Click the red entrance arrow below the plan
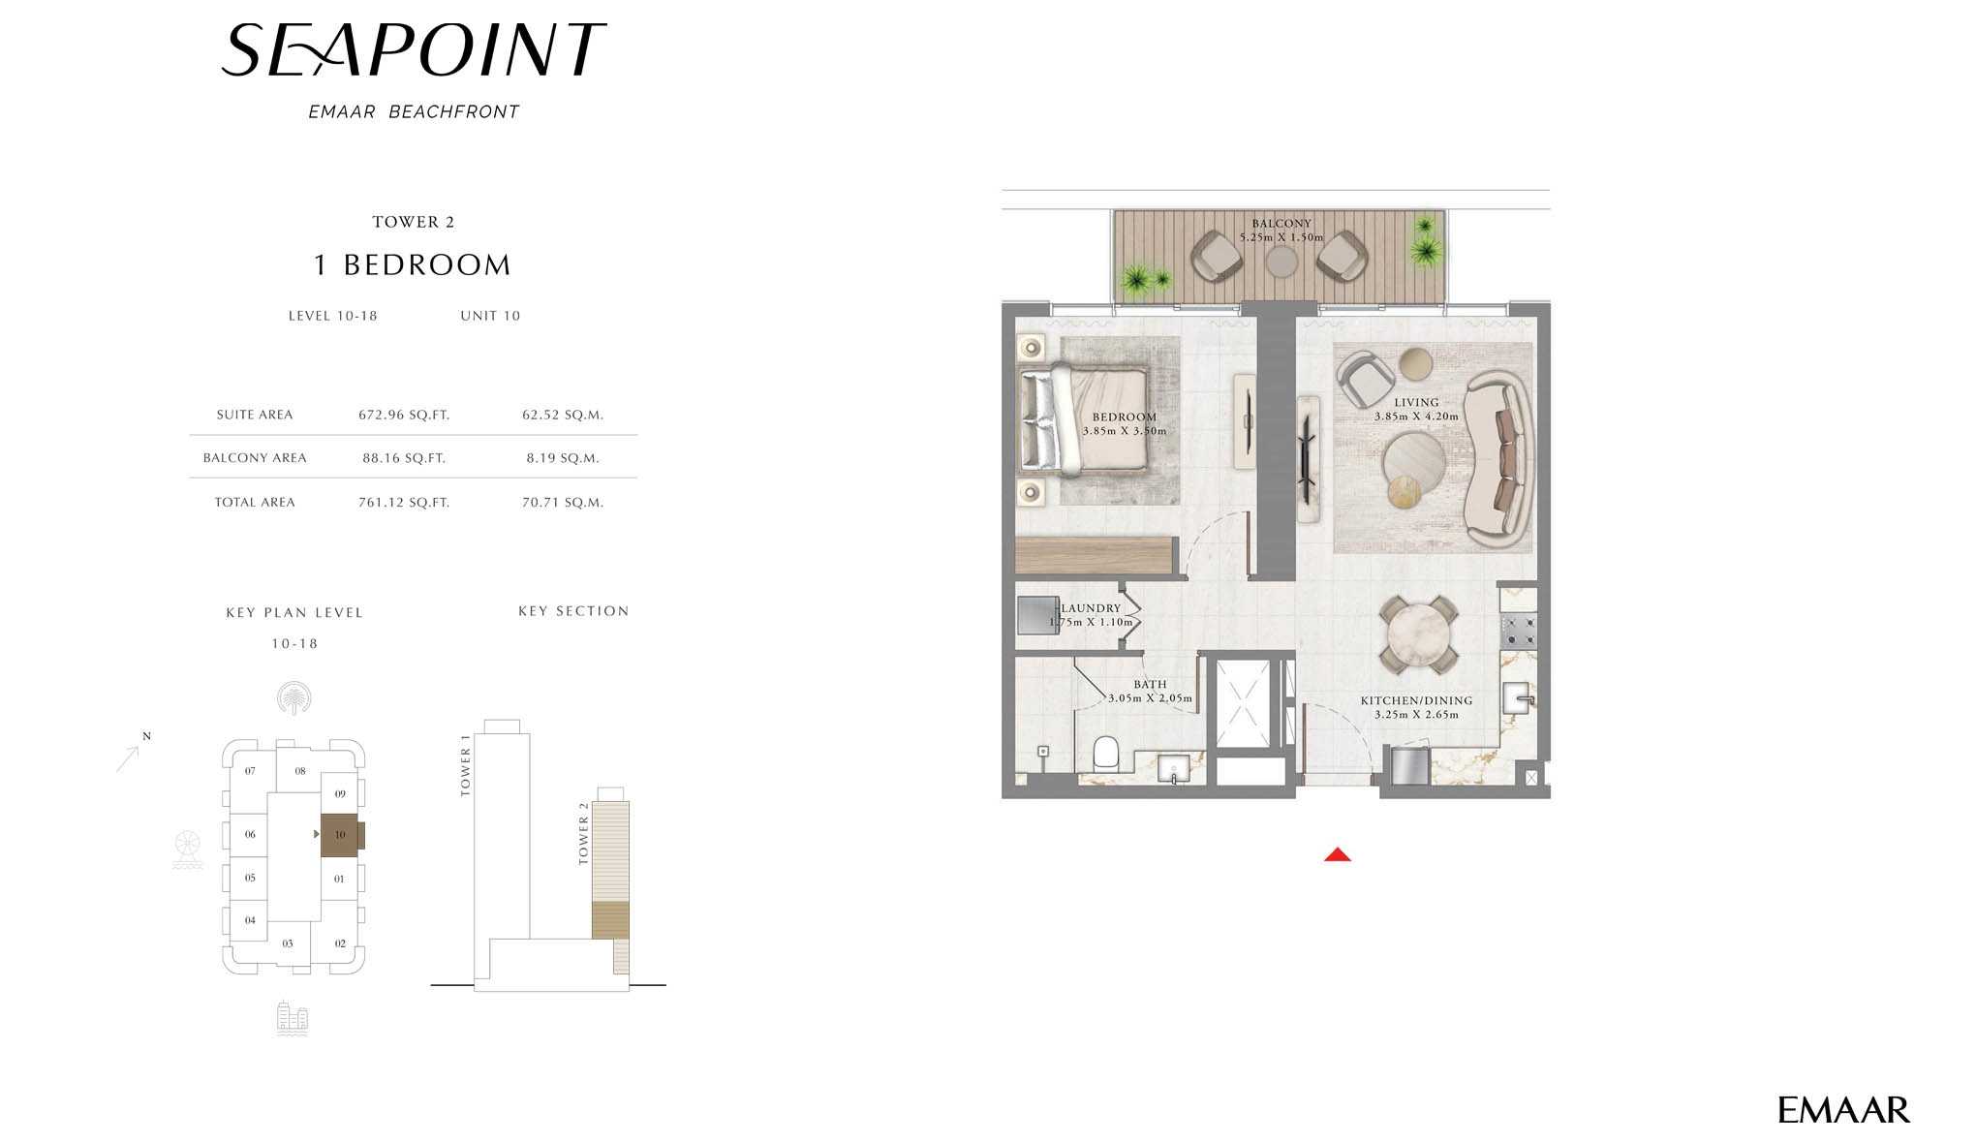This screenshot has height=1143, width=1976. pyautogui.click(x=1338, y=854)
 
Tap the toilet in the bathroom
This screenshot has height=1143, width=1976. pyautogui.click(x=1105, y=754)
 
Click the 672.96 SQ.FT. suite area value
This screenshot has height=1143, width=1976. pyautogui.click(x=404, y=415)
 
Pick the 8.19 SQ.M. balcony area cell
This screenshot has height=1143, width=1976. pyautogui.click(x=563, y=458)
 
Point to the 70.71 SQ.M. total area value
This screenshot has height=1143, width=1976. pyautogui.click(x=563, y=503)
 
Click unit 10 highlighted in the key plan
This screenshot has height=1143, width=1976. pyautogui.click(x=340, y=835)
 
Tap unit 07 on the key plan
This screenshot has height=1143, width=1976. pyautogui.click(x=250, y=771)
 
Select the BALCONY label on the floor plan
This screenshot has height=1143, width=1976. pyautogui.click(x=1281, y=224)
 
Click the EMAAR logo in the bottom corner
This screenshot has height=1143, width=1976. pyautogui.click(x=1843, y=1110)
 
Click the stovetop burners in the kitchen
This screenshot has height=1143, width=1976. pyautogui.click(x=1519, y=631)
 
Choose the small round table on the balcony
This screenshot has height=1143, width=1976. pyautogui.click(x=1281, y=262)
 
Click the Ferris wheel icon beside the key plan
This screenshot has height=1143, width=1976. pyautogui.click(x=188, y=850)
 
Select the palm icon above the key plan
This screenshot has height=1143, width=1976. pyautogui.click(x=293, y=697)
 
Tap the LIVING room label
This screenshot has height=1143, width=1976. pyautogui.click(x=1416, y=402)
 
